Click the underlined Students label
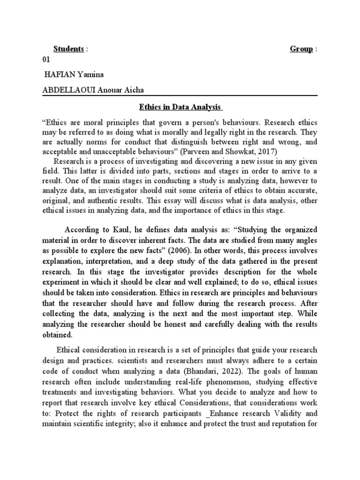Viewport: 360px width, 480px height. pyautogui.click(x=68, y=49)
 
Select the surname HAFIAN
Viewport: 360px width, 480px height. pyautogui.click(x=60, y=75)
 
